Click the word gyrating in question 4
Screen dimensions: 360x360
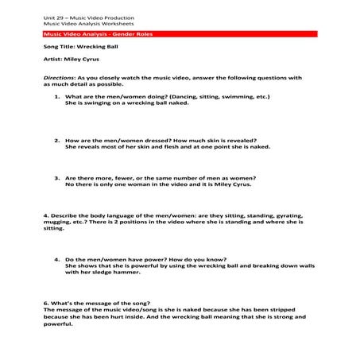coord(283,215)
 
